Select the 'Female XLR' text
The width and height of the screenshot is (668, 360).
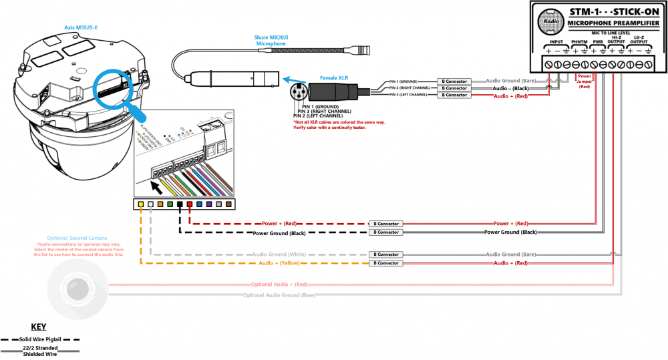[334, 77]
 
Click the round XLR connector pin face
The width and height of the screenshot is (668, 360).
[297, 91]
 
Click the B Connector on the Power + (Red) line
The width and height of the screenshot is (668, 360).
[385, 224]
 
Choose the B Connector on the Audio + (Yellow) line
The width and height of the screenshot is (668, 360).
[385, 264]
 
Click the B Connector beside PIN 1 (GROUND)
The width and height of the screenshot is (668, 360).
[452, 81]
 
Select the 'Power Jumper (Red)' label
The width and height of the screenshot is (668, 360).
[584, 81]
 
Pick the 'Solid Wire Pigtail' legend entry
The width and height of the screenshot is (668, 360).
[39, 339]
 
